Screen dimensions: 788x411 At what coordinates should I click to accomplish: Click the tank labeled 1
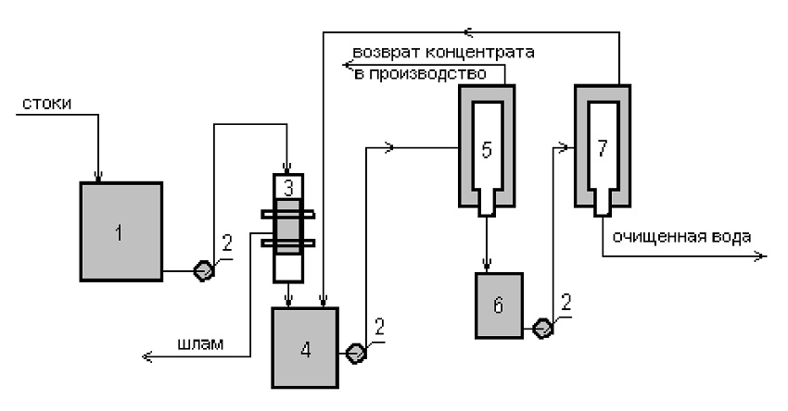point(121,231)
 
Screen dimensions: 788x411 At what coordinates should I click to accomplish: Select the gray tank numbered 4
point(305,347)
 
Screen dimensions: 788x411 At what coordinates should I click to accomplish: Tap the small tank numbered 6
point(499,305)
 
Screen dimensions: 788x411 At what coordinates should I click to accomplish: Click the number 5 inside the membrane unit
point(486,150)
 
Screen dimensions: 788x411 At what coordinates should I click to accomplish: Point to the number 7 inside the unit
point(602,148)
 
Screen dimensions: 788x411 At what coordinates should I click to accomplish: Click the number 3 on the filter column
point(288,188)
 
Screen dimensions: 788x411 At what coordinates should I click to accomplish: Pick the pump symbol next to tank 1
point(204,271)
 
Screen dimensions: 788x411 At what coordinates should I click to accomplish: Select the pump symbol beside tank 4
point(356,354)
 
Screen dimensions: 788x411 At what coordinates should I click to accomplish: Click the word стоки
point(46,104)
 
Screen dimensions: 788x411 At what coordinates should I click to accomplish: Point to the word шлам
point(200,344)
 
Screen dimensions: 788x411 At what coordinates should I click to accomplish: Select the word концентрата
point(479,52)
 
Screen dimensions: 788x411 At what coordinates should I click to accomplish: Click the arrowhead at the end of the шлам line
point(147,356)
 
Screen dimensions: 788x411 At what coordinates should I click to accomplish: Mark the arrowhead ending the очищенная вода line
point(762,256)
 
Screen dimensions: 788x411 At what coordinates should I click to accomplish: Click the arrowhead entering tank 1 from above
point(98,176)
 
